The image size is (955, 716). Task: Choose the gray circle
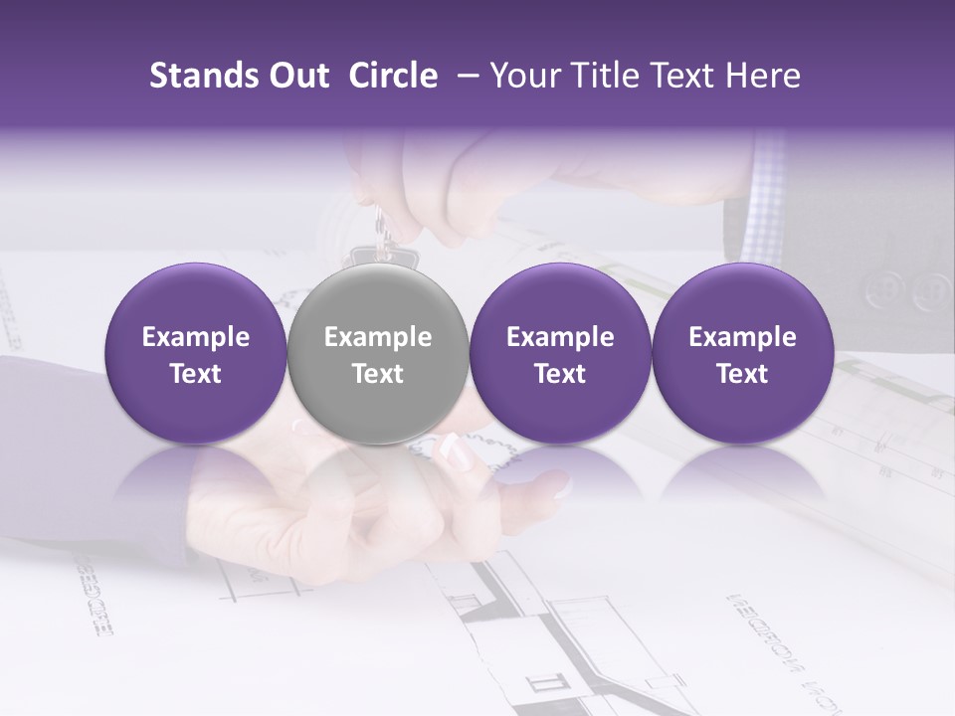point(377,354)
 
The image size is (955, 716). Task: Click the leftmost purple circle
point(195,354)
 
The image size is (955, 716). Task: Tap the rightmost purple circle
point(742,354)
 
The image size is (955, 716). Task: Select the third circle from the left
point(560,354)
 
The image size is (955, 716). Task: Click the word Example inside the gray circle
point(378,337)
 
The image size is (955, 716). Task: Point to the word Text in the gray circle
point(378,374)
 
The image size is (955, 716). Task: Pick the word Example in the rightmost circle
point(742,337)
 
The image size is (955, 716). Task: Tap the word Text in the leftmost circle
point(195,374)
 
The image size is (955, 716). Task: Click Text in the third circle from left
point(560,374)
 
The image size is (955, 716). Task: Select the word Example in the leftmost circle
point(195,337)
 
